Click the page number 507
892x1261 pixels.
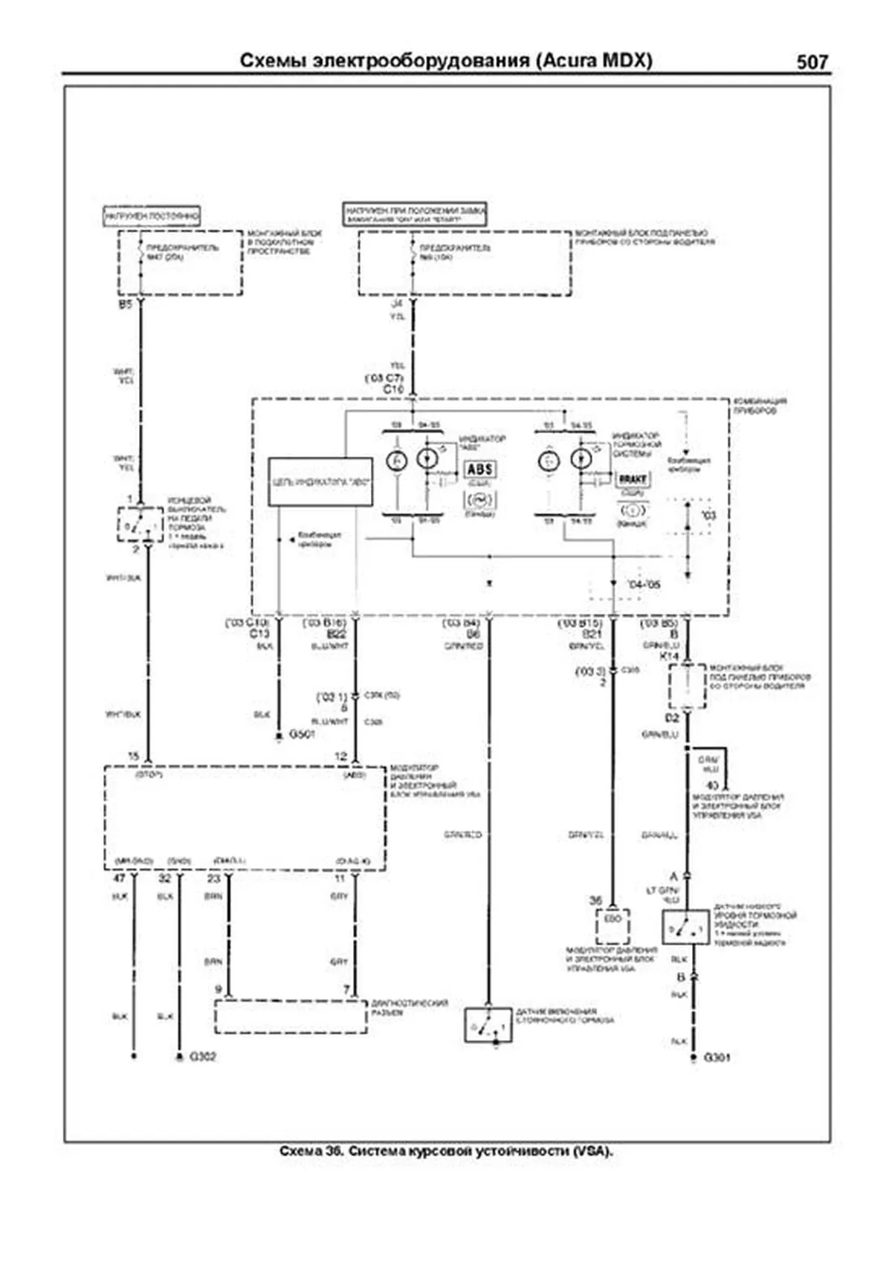[x=812, y=62]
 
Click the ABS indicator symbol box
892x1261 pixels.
[x=480, y=470]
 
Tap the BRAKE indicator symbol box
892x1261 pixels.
[x=633, y=479]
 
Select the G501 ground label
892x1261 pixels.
[x=303, y=734]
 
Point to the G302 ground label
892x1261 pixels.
[x=203, y=1056]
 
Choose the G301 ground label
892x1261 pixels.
[x=717, y=1057]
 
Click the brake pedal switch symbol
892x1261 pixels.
[x=140, y=525]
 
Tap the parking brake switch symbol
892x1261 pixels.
[x=488, y=1025]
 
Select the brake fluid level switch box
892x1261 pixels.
[x=685, y=927]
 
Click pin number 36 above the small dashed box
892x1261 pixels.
[x=596, y=900]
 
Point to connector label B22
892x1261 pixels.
[x=337, y=635]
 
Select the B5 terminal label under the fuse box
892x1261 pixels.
[x=125, y=305]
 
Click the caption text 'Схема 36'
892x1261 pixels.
[x=311, y=1151]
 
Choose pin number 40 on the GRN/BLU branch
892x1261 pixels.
[x=712, y=785]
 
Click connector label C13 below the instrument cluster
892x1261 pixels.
[x=259, y=634]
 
